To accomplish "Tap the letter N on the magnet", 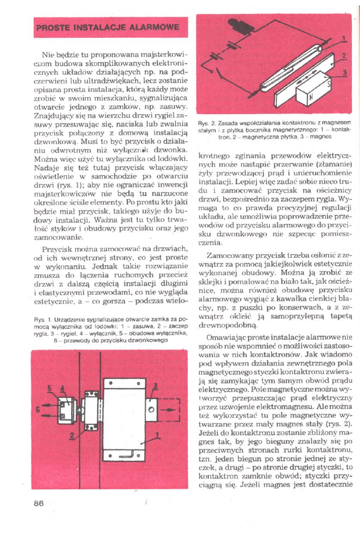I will (x=312, y=99).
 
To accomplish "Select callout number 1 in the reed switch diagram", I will (x=344, y=39).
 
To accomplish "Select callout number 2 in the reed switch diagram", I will (x=344, y=56).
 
